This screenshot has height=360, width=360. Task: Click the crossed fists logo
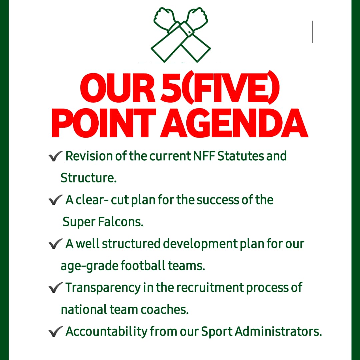point(181,35)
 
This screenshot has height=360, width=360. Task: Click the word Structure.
point(88,178)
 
